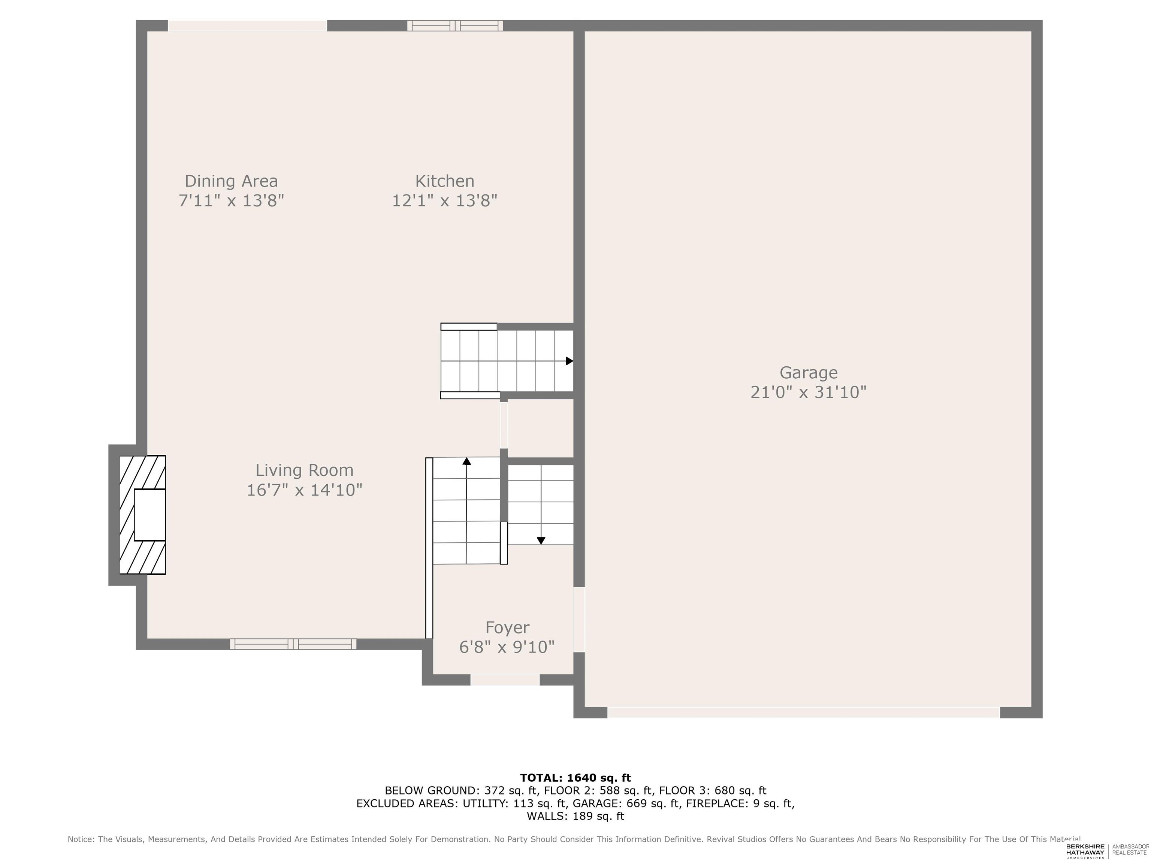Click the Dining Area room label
point(231,181)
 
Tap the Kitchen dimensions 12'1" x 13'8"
point(444,200)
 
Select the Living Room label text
point(304,470)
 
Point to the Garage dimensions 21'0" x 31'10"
point(808,392)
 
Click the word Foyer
point(507,628)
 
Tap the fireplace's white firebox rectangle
point(150,515)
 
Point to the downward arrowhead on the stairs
point(541,540)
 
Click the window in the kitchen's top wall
point(455,25)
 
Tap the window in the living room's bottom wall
point(293,644)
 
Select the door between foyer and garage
point(579,620)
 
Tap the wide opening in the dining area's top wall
point(248,25)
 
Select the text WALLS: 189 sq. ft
point(575,816)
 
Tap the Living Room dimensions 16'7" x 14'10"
point(304,490)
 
